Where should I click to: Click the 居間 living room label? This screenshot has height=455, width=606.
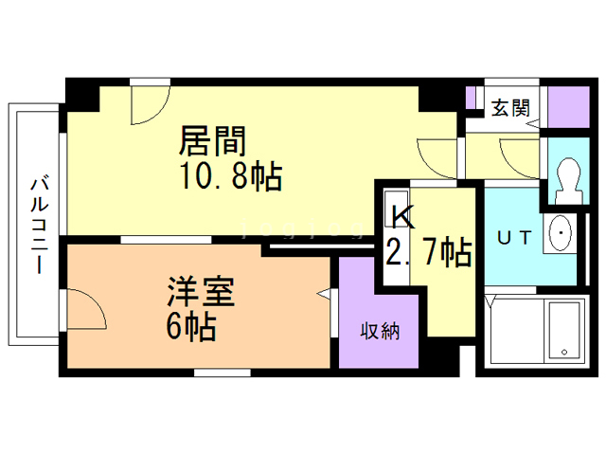coord(212,141)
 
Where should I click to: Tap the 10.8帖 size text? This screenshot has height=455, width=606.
coord(231,176)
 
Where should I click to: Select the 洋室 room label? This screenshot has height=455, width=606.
coord(201,291)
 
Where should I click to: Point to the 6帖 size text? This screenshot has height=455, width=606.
coord(191,326)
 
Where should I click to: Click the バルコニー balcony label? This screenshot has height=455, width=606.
coord(40,226)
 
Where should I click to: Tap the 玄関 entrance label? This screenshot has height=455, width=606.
coord(510,107)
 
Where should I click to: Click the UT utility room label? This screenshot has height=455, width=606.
coord(514,238)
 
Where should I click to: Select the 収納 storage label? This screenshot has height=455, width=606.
coord(380,331)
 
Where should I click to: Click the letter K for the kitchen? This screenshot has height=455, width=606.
coord(403,218)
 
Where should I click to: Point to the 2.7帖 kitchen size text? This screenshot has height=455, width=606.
coord(429,251)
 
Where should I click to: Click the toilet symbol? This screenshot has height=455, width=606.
coord(568,180)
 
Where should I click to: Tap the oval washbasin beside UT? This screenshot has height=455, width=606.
coord(560,233)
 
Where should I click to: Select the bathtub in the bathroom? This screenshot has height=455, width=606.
coord(564,331)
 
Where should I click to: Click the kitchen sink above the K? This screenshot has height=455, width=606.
coord(396,209)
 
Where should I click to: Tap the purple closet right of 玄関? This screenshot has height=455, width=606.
coord(568,107)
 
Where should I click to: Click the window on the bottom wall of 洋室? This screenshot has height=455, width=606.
coord(223,373)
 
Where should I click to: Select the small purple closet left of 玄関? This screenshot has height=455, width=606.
coord(470,98)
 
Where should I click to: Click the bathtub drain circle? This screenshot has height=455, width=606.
coord(564,352)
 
